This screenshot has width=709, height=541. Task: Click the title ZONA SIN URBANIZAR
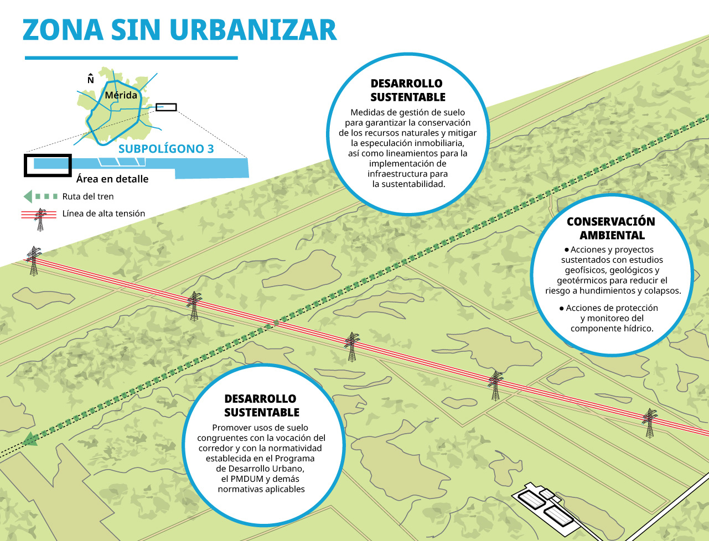tap(179, 30)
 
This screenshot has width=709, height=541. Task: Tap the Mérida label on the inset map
tap(121, 95)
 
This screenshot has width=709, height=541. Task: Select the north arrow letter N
tap(91, 80)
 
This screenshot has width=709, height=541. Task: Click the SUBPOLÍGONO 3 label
tap(166, 149)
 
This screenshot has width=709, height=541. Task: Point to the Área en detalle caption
tap(112, 179)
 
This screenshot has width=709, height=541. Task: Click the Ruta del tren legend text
tap(88, 196)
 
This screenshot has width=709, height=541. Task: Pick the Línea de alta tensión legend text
tap(103, 214)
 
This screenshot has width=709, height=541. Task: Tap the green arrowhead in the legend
tap(28, 196)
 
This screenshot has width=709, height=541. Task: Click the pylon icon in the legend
tap(40, 220)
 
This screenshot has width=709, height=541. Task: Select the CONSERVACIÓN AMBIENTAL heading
tap(611, 228)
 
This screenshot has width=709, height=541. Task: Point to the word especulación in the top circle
tap(387, 143)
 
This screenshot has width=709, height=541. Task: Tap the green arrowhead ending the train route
tap(30, 440)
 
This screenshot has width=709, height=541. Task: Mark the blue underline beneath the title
tap(131, 58)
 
